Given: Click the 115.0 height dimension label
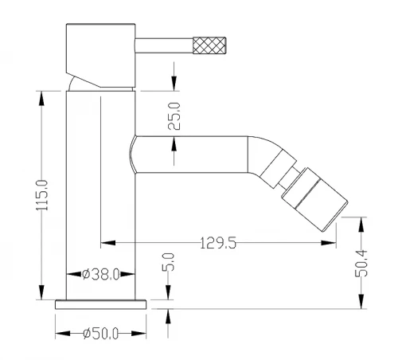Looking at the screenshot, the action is (x=42, y=195).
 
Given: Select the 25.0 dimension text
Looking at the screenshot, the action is (x=174, y=116).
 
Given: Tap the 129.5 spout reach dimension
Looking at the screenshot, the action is (x=217, y=243).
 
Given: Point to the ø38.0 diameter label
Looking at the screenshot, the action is (x=100, y=274).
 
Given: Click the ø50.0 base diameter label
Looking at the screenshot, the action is (x=100, y=334).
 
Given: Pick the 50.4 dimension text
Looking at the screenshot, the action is (x=361, y=264).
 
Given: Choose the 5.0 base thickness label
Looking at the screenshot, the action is (x=169, y=262).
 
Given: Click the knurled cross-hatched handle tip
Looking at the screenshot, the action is (x=209, y=45).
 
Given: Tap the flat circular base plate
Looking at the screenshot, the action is (x=101, y=304).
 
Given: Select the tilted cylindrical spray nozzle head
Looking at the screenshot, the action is (x=314, y=199).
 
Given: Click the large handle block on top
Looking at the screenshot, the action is (x=101, y=55).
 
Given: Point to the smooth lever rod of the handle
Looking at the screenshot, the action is (x=164, y=45).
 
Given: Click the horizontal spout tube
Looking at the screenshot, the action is (x=192, y=155).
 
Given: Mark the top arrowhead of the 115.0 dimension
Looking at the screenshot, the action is (x=41, y=99).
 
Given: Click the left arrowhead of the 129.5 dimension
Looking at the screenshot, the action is (x=108, y=243).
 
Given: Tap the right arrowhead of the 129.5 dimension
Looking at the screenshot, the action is (x=329, y=243).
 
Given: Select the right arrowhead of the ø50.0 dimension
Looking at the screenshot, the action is (x=139, y=333).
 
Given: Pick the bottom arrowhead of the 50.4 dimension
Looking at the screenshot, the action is (x=361, y=301).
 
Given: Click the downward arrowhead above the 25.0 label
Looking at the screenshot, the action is (x=174, y=84).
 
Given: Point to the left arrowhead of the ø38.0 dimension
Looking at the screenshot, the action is (x=73, y=274).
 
